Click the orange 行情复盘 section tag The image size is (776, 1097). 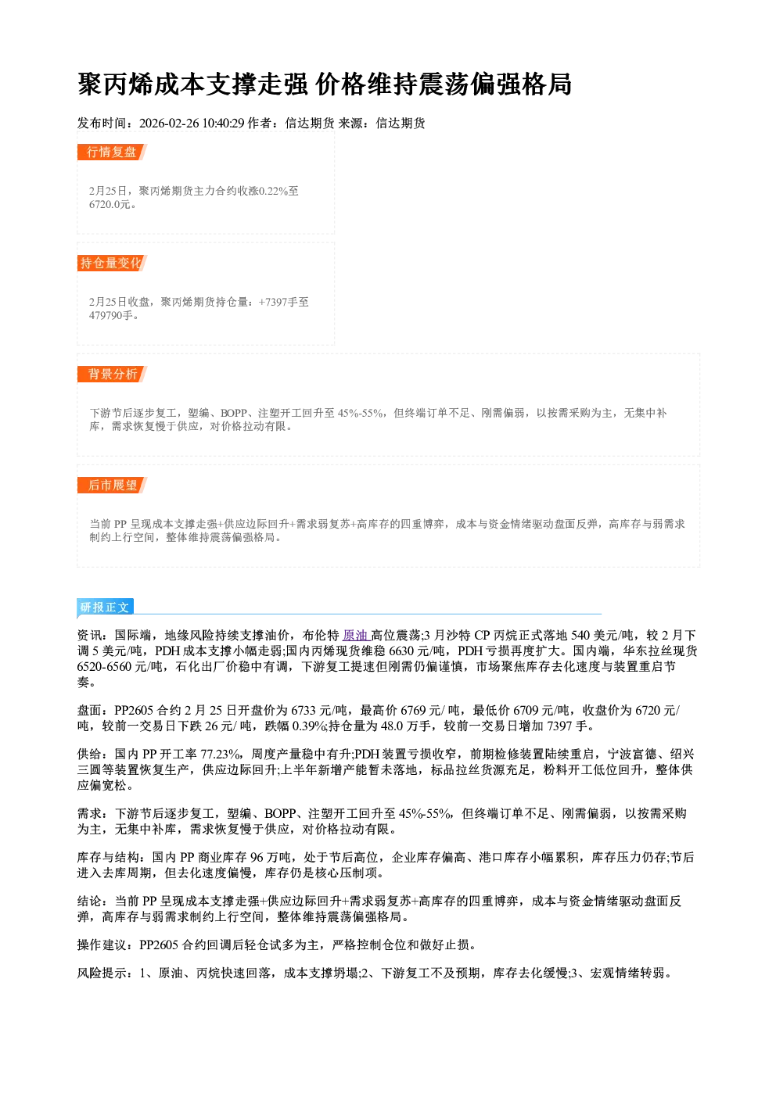point(112,152)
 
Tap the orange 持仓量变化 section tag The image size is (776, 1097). point(112,263)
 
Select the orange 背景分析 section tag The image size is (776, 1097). point(112,375)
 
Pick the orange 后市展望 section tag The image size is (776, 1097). point(112,486)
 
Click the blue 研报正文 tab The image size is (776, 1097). point(106,608)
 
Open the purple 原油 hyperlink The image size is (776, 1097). point(355,636)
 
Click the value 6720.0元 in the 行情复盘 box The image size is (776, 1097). point(110,204)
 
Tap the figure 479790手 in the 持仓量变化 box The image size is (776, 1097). point(111,315)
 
